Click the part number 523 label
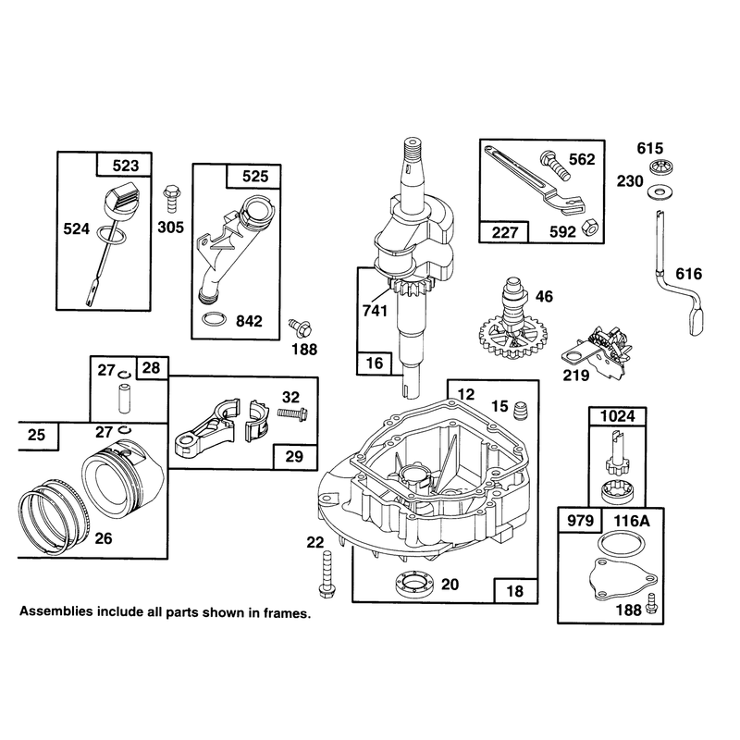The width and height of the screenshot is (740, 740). pyautogui.click(x=126, y=166)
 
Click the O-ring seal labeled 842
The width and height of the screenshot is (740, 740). pyautogui.click(x=214, y=319)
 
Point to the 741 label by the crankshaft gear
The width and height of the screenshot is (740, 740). pyautogui.click(x=375, y=311)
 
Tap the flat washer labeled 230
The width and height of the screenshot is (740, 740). pyautogui.click(x=656, y=191)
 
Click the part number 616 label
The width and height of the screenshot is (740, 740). pyautogui.click(x=689, y=274)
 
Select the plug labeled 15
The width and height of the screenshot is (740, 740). pyautogui.click(x=520, y=408)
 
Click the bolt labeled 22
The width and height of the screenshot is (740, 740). pyautogui.click(x=327, y=574)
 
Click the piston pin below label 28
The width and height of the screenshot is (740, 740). pyautogui.click(x=124, y=399)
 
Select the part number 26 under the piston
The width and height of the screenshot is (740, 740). pyautogui.click(x=104, y=538)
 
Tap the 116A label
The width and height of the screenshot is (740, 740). pyautogui.click(x=632, y=521)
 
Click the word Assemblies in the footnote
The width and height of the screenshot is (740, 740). pyautogui.click(x=56, y=611)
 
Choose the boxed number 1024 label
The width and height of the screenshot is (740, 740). pyautogui.click(x=618, y=416)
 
